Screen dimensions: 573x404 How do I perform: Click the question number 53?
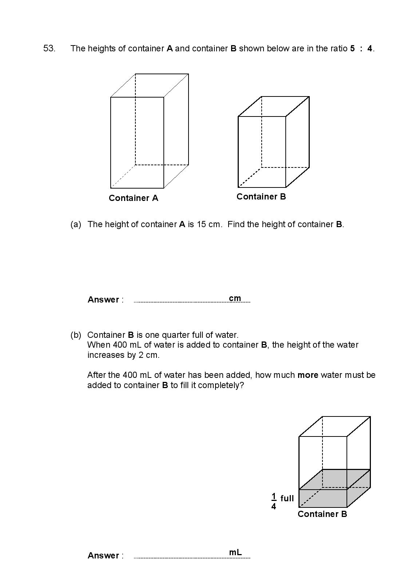[49, 48]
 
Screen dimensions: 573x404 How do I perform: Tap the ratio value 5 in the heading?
[352, 48]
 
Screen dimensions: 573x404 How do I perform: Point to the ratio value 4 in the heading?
[370, 48]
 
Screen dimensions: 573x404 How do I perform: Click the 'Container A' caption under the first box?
[133, 198]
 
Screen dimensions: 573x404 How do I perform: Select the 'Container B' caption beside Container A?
[261, 197]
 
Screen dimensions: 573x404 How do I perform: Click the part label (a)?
[76, 224]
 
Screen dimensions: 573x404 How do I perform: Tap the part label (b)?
[76, 335]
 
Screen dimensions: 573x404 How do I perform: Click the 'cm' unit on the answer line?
[235, 298]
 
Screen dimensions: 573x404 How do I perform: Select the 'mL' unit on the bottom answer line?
[235, 552]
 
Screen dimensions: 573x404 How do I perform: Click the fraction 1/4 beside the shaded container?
[274, 501]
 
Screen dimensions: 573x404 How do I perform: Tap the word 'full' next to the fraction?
[287, 498]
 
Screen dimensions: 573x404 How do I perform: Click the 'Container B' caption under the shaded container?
[322, 514]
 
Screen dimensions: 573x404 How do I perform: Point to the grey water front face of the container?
[322, 498]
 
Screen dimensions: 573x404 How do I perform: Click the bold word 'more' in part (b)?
[308, 375]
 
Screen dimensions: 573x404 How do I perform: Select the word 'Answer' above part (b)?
[103, 300]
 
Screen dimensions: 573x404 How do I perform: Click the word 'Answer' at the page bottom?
[103, 556]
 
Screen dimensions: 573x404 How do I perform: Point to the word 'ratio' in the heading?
[338, 48]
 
